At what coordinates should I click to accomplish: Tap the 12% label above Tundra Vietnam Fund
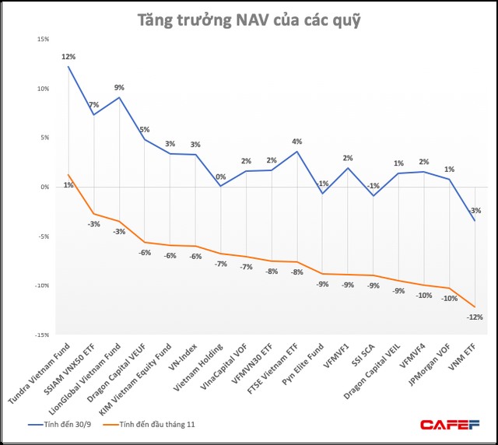(x=68, y=57)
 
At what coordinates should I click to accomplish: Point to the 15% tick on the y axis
(x=43, y=39)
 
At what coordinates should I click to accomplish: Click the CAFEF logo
(x=451, y=424)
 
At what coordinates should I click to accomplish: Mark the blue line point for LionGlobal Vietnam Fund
(x=119, y=97)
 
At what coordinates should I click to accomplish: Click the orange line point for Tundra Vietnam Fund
(x=68, y=175)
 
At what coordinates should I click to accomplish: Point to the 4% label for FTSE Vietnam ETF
(x=296, y=142)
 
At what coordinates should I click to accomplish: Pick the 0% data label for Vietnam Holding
(x=221, y=176)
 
